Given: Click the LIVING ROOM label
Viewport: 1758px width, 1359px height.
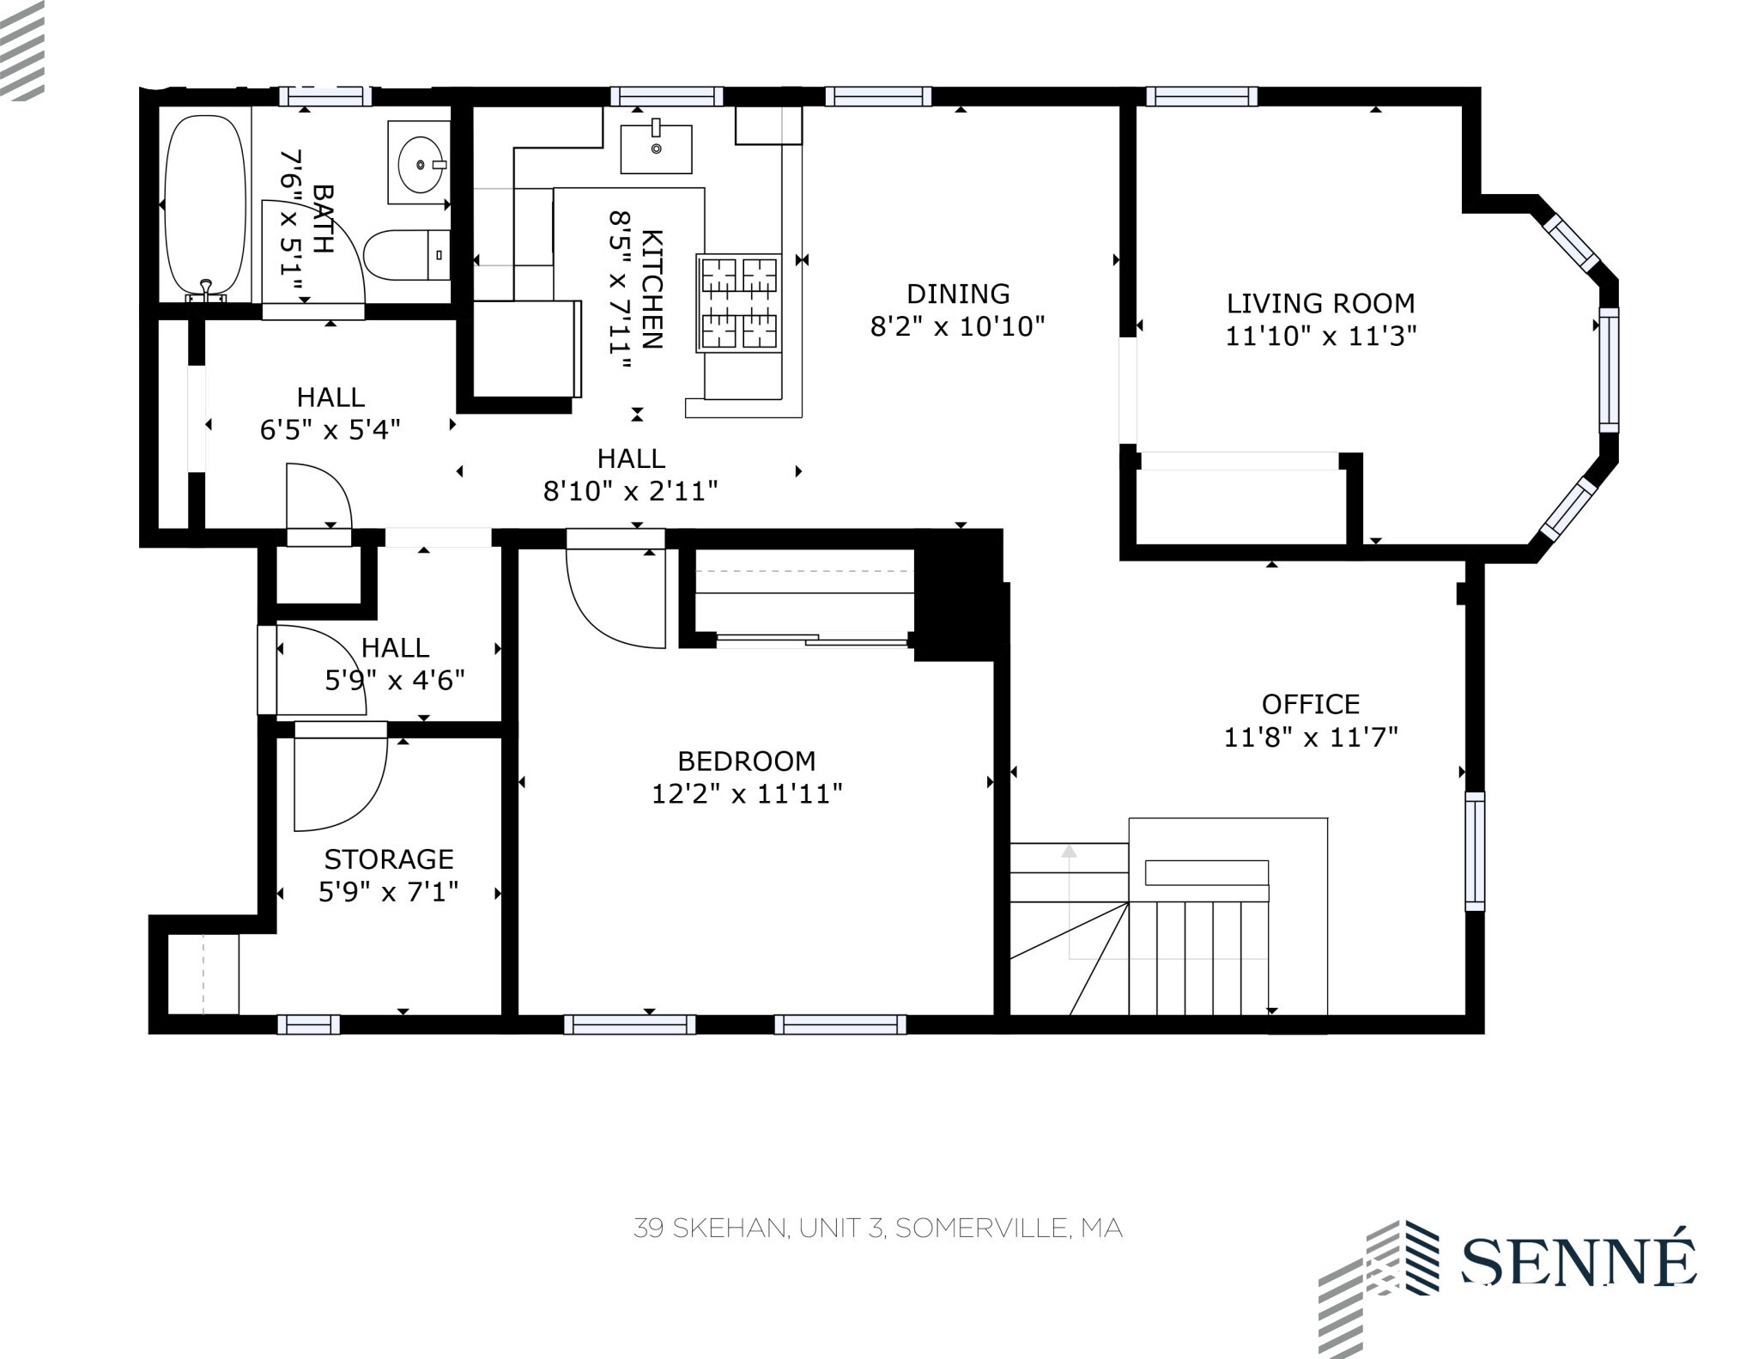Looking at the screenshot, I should tap(1320, 304).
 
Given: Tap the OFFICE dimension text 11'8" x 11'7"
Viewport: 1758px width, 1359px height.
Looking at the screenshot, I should tap(1310, 737).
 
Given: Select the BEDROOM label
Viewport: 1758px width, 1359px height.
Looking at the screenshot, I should tap(746, 761).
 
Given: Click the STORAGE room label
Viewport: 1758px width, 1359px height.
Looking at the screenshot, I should tap(389, 858).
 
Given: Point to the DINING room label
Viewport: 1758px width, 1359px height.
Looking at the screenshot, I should tap(958, 294).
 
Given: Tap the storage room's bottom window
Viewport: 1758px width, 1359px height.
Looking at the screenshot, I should tap(308, 1024).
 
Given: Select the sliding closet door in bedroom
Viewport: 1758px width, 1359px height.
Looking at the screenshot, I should tap(812, 640).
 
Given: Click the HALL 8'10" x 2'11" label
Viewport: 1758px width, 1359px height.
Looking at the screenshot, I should tap(631, 474).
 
